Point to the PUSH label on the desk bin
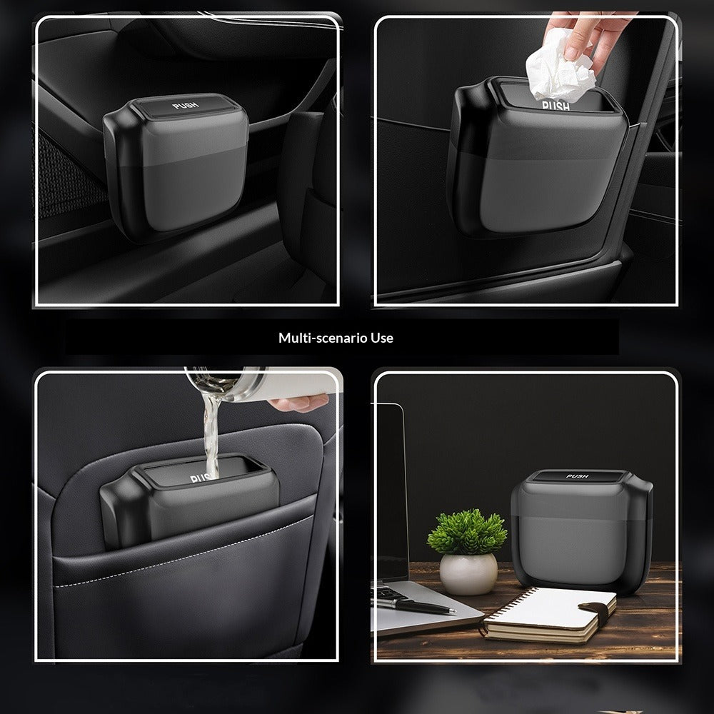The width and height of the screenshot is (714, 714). click(577, 476)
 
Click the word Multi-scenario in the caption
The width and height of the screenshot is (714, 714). click(314, 338)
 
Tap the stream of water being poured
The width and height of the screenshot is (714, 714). click(210, 428)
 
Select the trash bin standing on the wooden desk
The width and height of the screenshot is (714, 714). click(580, 528)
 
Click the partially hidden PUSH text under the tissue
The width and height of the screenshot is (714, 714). click(556, 106)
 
